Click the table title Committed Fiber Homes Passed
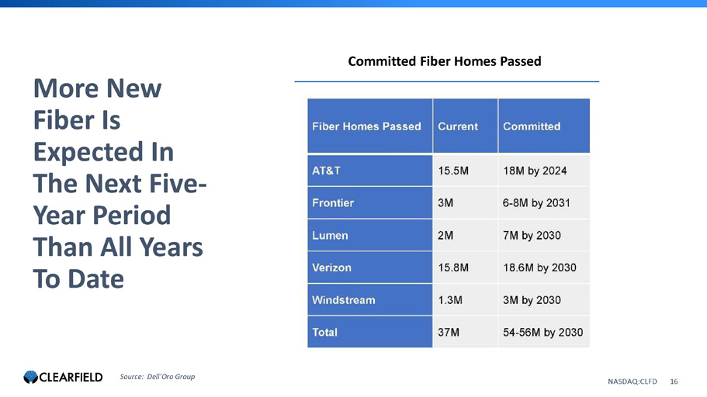pos(444,61)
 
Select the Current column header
pos(458,126)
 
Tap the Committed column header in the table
pos(532,126)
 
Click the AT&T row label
pos(326,171)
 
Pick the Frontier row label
pos(333,203)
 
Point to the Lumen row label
pos(330,235)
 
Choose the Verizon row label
pos(331,268)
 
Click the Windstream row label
pos(344,300)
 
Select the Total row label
pos(324,333)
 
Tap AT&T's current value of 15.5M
pos(453,171)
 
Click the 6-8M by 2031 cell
pos(536,203)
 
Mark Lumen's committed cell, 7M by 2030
pos(532,235)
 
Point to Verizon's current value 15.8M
pos(453,268)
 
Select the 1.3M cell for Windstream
pos(450,300)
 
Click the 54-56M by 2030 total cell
pos(543,333)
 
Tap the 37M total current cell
pos(449,333)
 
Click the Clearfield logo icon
pos(31,377)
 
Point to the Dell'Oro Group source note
pos(158,377)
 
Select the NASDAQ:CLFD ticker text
pos(632,381)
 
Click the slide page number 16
pos(674,381)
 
